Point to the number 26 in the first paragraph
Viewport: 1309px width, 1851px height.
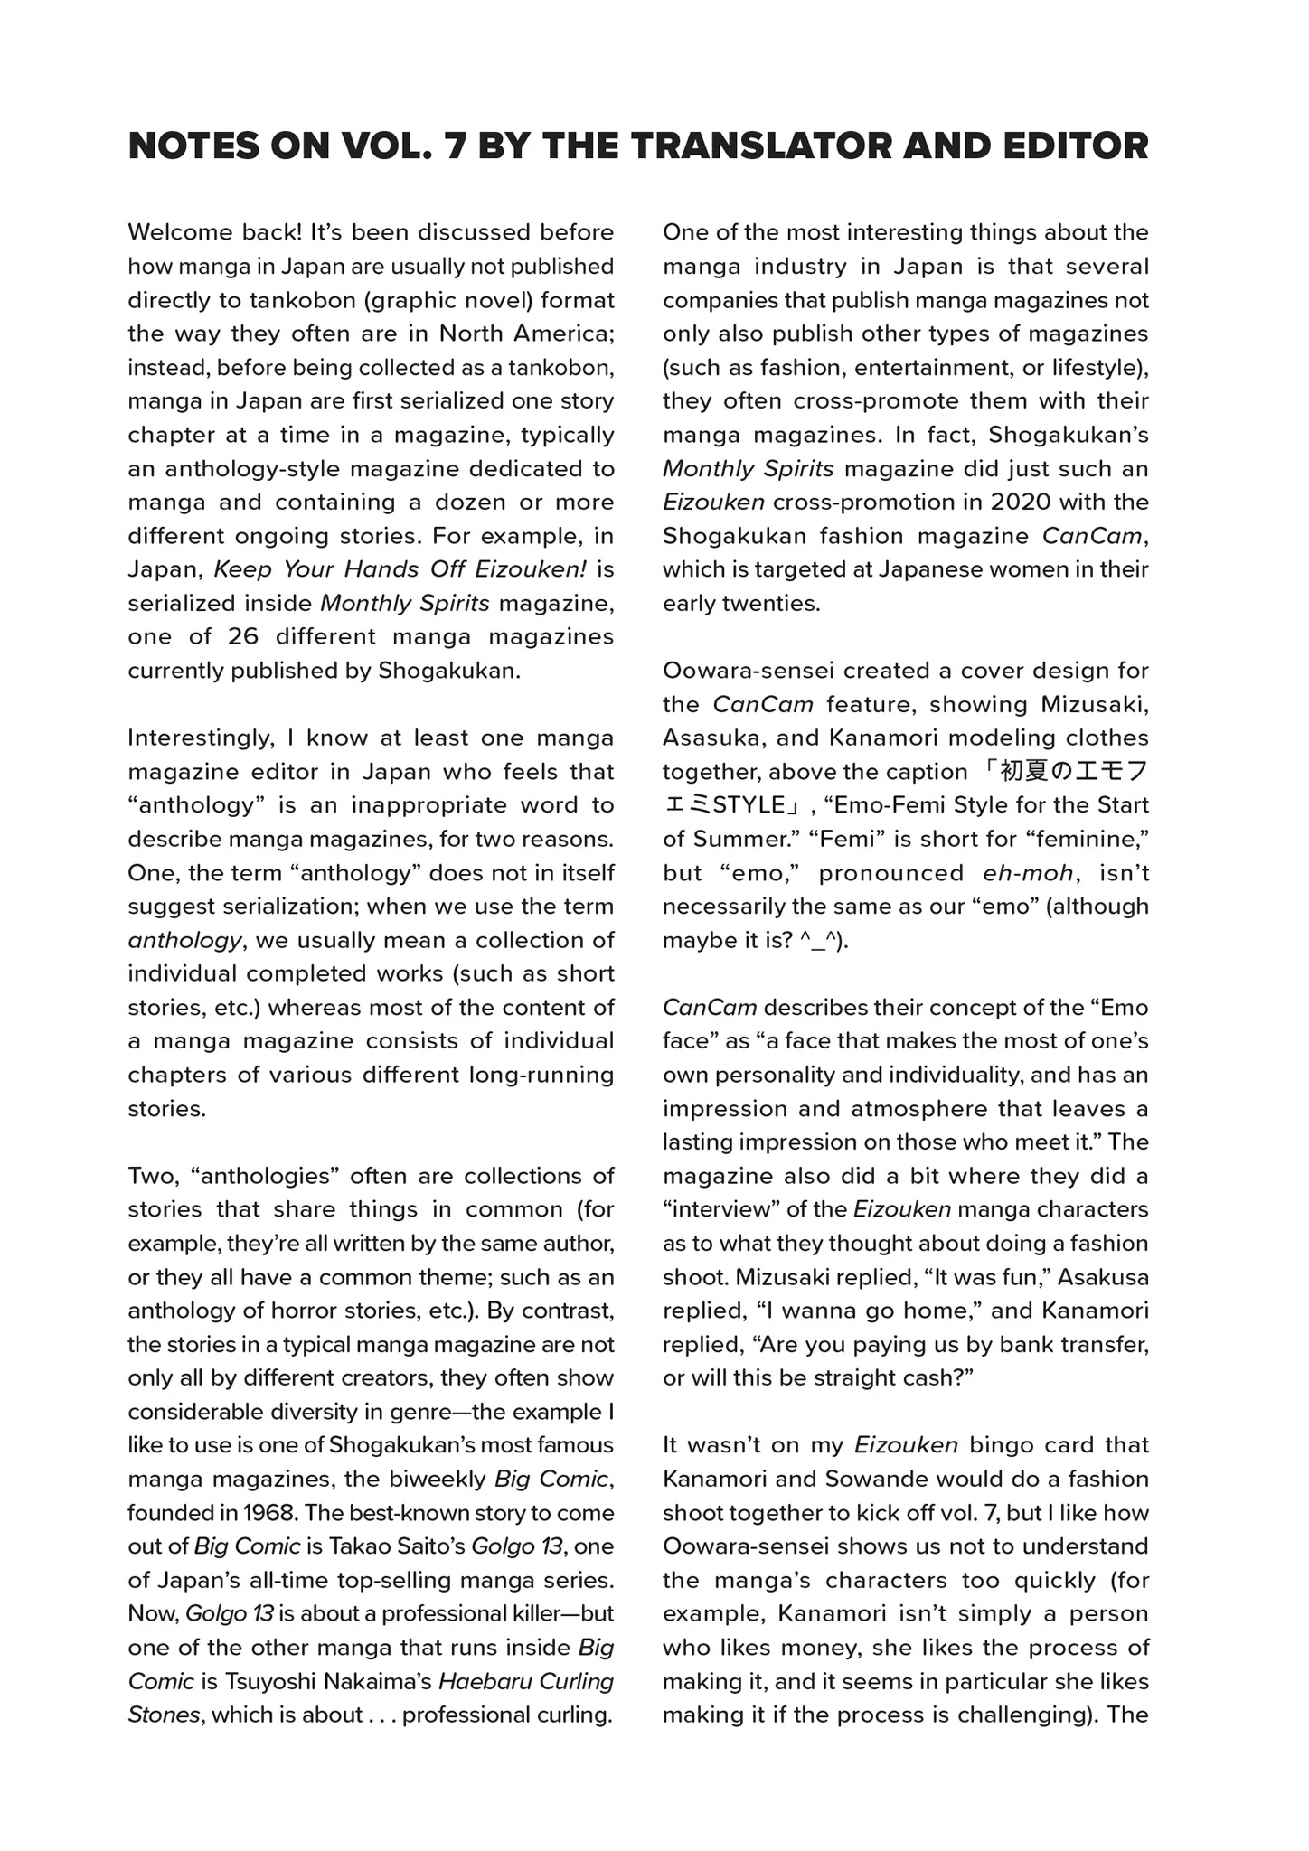[x=243, y=636]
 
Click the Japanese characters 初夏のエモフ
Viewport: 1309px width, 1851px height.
[x=1067, y=772]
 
